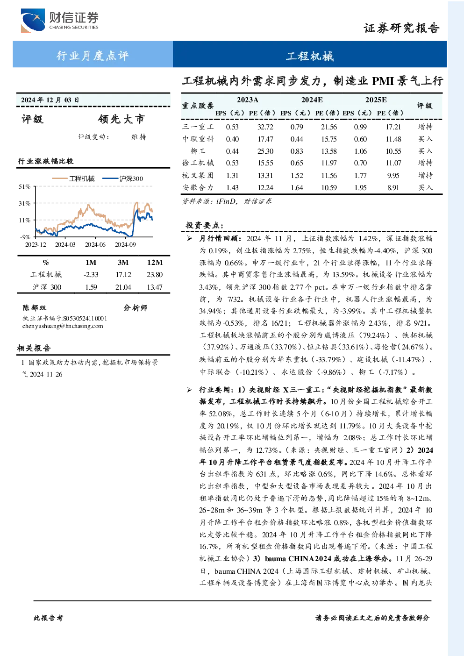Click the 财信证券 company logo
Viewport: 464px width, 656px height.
point(60,21)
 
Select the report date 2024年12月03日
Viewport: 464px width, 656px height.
point(50,100)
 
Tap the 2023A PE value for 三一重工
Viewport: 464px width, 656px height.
point(265,127)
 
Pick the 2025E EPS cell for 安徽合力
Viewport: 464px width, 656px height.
point(360,188)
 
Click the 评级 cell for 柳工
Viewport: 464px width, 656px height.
point(425,151)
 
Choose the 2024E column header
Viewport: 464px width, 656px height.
point(312,100)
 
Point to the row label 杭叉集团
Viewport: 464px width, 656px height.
point(198,175)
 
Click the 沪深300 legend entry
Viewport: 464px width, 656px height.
point(122,178)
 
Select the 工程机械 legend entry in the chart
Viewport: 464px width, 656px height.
point(73,178)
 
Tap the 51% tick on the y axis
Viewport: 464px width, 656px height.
point(24,186)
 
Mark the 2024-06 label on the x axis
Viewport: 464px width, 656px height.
point(95,244)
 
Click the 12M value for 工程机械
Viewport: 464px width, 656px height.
point(155,275)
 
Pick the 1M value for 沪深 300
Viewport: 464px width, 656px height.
point(91,287)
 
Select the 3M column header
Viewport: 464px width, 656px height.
point(123,263)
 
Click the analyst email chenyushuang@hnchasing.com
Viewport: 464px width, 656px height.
point(63,326)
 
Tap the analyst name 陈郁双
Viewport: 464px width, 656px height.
point(34,308)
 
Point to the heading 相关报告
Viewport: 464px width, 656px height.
point(34,348)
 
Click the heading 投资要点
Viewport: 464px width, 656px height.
point(205,225)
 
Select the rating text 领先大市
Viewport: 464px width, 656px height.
point(121,119)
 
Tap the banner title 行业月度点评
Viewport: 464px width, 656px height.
point(93,56)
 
